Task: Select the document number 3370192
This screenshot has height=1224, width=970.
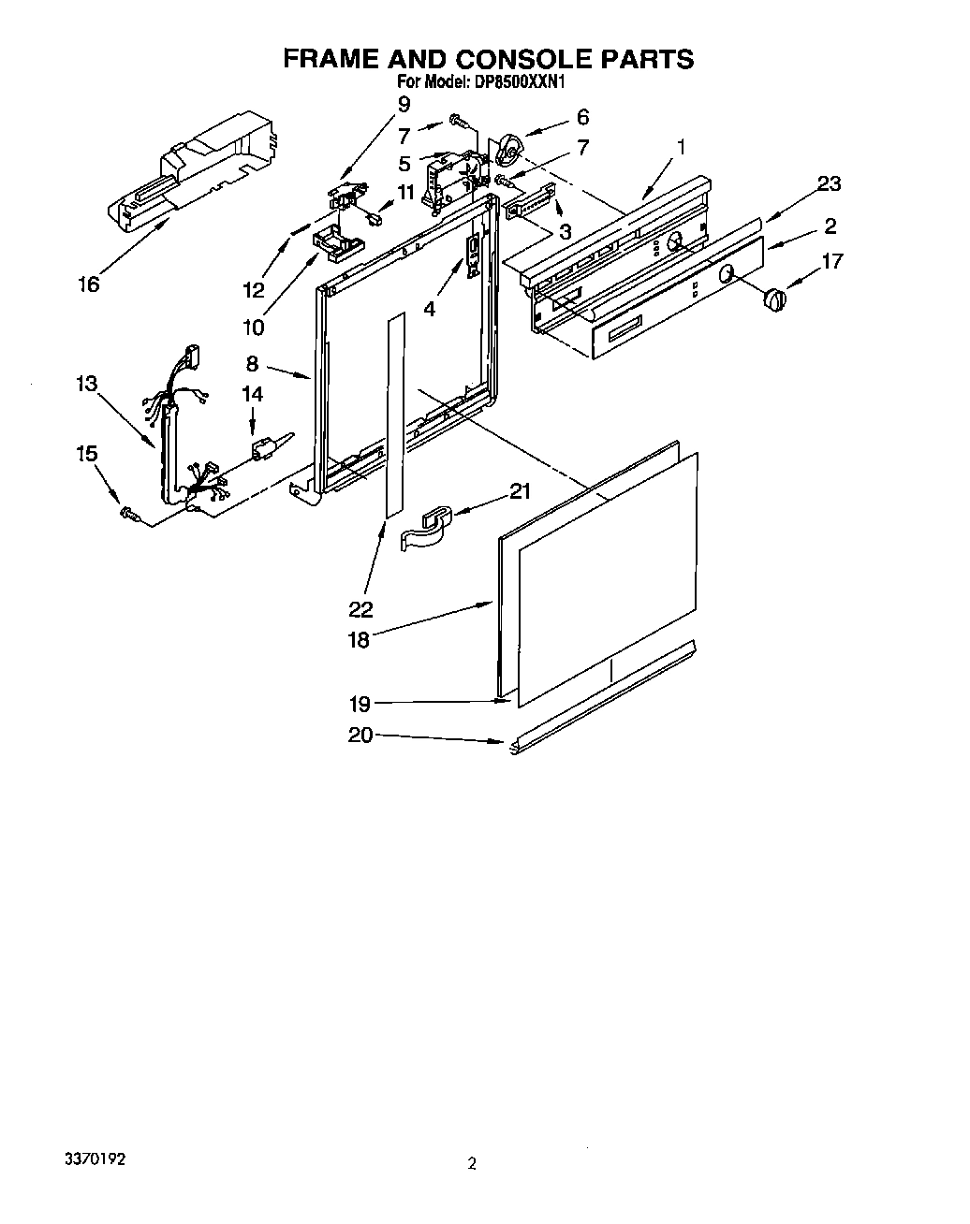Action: tap(94, 1158)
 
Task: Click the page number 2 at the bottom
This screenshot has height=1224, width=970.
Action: tap(473, 1164)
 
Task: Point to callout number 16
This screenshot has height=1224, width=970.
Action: tap(88, 284)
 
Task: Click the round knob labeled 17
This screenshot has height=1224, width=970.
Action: tap(773, 299)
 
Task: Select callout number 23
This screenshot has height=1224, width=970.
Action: tap(829, 183)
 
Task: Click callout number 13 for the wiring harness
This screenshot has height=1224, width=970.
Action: tap(86, 383)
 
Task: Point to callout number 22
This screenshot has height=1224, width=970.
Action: tap(360, 609)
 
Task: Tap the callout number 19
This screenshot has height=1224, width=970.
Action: tap(360, 705)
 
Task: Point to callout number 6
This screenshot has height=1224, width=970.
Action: tap(582, 117)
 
